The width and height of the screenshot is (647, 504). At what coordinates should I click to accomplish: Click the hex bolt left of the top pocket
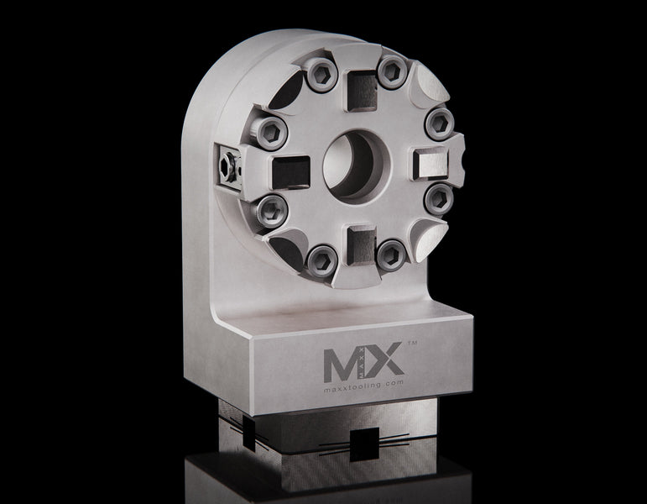pos(320,76)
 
